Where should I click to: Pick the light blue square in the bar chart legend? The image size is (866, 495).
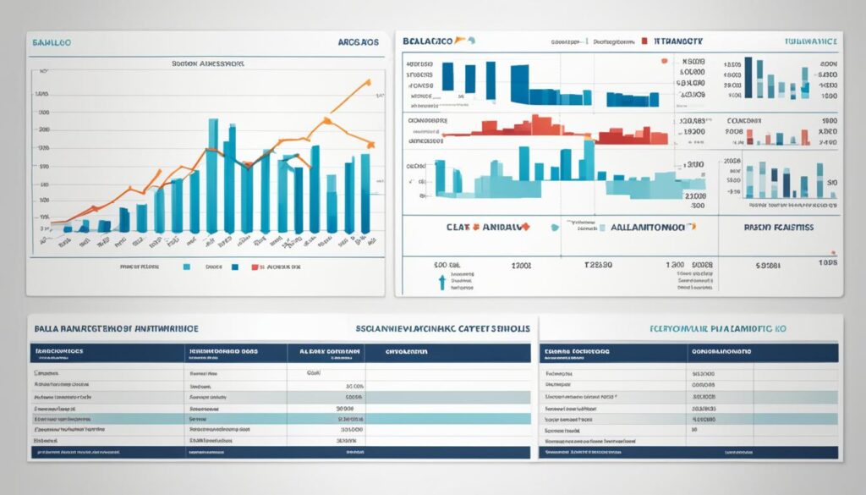[x=186, y=266]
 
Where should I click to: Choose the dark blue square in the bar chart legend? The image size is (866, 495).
[x=234, y=266]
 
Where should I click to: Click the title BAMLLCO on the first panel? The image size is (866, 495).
[x=52, y=40]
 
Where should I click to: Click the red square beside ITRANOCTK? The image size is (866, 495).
[x=646, y=39]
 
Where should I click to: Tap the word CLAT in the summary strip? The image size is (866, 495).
[x=460, y=227]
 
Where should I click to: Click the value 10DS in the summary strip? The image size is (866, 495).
[x=827, y=264]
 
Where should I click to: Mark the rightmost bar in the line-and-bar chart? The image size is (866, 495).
[x=365, y=192]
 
